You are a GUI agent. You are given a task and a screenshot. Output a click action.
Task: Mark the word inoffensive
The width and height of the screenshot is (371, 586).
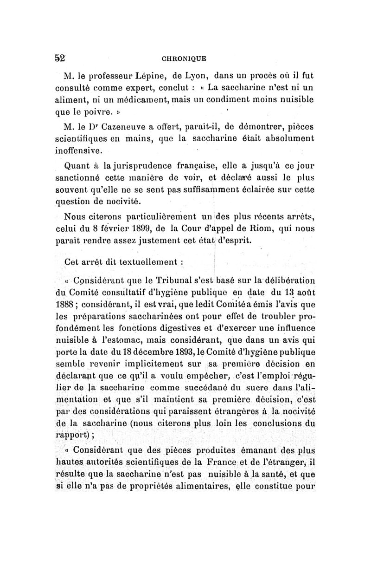point(78,151)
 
